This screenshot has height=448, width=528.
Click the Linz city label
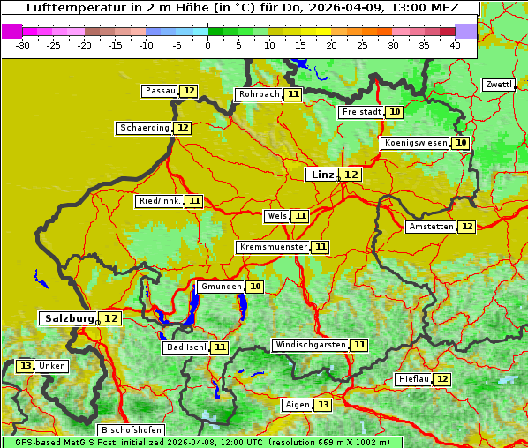tap(322, 175)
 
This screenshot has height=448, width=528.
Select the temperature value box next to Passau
tap(189, 91)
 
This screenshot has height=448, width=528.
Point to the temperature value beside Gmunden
tap(255, 287)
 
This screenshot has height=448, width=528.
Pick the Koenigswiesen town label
tap(416, 143)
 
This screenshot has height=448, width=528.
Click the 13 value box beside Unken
tap(26, 366)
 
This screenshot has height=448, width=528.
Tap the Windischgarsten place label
tap(310, 345)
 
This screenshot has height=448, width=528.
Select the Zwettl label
tap(498, 85)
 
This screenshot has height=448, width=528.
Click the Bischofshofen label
tap(131, 430)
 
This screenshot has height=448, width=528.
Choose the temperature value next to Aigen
tap(323, 405)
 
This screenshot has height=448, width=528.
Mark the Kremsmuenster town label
tap(273, 248)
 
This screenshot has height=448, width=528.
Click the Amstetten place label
tap(431, 227)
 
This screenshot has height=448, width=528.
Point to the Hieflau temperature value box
tap(442, 379)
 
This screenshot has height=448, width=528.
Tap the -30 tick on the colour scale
tap(23, 45)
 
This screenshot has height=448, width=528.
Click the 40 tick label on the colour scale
tap(455, 45)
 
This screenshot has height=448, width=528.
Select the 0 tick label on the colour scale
tap(207, 45)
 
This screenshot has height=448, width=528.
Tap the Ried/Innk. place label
tap(160, 201)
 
